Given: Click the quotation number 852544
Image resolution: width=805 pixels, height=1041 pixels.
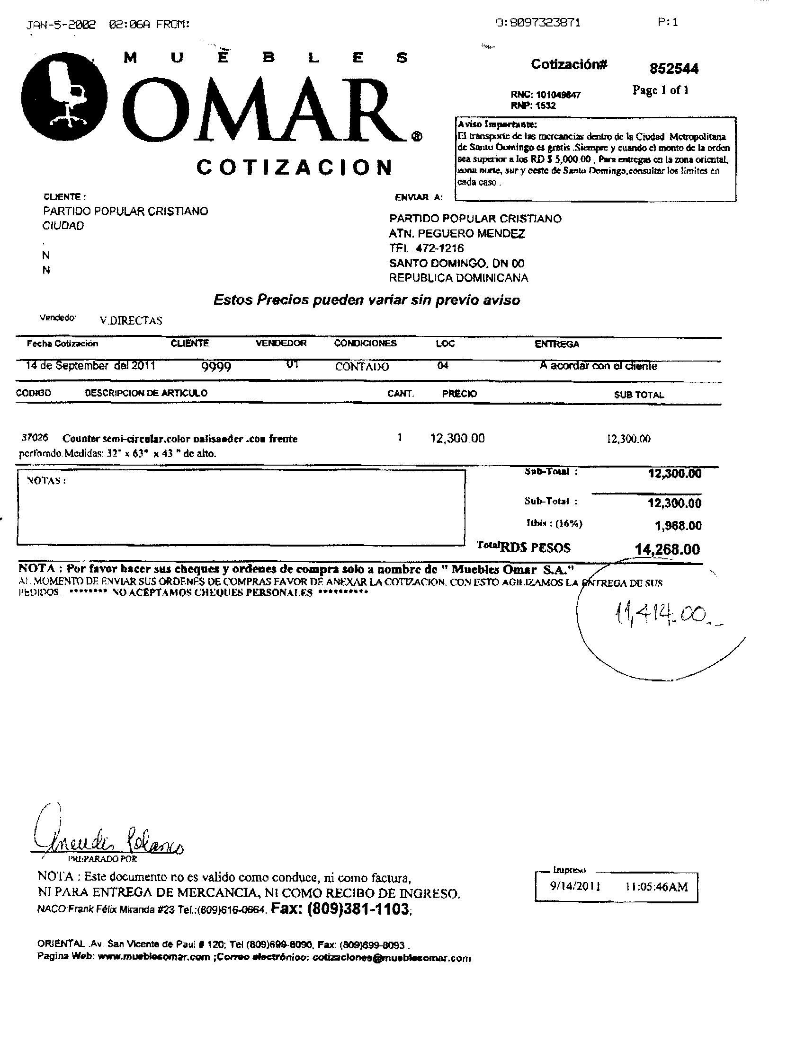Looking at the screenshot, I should (x=673, y=69).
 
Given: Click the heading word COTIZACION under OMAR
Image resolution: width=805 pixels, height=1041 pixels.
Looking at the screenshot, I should (x=295, y=168).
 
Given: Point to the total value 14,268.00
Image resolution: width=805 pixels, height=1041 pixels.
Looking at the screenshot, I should (x=667, y=549).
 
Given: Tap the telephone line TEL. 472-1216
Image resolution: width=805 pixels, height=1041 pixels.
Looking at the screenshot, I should (x=426, y=248).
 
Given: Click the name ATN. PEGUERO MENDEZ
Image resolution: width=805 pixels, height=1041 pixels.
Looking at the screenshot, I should (x=457, y=234).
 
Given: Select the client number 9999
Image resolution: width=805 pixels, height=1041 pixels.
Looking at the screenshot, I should (x=216, y=367).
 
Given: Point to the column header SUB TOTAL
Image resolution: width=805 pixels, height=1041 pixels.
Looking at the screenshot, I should (x=639, y=395).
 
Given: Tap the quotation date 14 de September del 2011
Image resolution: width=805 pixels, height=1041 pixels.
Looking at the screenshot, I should (x=90, y=366).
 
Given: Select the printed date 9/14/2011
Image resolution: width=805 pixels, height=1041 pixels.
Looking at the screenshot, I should (x=575, y=886).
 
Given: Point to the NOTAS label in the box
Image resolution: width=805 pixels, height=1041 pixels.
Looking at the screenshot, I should (x=46, y=480).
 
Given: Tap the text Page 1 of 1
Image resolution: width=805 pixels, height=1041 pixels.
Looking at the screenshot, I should (x=660, y=90).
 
